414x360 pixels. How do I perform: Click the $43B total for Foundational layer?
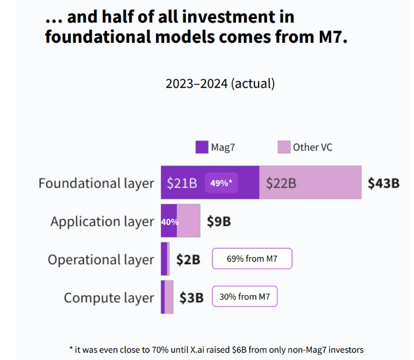tap(383, 183)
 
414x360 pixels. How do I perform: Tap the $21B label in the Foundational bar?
tap(182, 183)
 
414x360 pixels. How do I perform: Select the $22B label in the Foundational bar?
tap(281, 183)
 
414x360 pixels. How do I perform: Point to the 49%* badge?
tap(222, 183)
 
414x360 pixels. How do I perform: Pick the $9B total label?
tap(219, 221)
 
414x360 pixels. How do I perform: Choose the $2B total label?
tap(188, 259)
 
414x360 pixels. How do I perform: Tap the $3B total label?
tap(192, 297)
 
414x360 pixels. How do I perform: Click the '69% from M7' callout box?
tap(252, 259)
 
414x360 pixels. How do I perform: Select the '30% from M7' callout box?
tap(244, 297)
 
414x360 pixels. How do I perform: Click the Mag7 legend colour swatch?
tap(202, 147)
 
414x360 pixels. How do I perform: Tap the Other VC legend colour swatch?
tap(284, 147)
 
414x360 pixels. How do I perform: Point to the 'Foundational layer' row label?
tap(96, 183)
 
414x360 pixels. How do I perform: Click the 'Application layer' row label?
tap(102, 222)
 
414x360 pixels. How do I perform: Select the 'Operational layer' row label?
tap(101, 260)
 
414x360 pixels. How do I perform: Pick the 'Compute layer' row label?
tap(108, 298)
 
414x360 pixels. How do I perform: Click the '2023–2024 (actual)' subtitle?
tap(220, 83)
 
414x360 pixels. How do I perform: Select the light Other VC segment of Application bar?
tap(189, 221)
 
